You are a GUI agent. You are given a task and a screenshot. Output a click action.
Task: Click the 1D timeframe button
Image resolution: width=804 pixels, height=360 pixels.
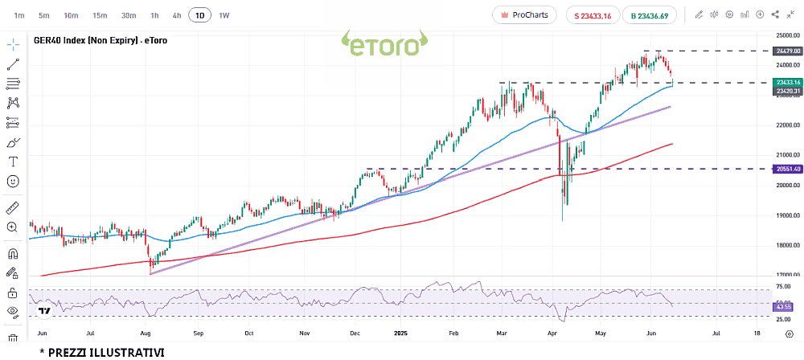(199, 15)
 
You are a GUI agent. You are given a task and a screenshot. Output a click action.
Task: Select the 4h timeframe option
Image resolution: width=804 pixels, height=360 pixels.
(177, 15)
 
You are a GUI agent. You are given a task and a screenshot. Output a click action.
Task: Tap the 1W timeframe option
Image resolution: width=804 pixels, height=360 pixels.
(224, 15)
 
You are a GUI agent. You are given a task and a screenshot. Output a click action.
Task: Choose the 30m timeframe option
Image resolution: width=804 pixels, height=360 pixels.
(129, 15)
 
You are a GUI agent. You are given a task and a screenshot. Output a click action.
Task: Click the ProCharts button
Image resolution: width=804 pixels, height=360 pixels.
(523, 15)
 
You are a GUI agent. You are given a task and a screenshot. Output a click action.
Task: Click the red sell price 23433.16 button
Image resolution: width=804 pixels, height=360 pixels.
(593, 15)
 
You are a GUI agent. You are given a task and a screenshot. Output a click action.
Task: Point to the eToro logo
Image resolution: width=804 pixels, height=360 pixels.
(384, 44)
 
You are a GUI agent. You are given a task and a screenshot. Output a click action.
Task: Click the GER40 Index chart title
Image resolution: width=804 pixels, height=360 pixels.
(100, 40)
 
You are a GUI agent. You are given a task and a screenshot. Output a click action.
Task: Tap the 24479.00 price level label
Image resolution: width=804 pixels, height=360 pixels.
(786, 51)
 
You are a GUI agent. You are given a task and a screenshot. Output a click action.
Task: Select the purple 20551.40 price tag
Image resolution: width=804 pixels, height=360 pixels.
(786, 169)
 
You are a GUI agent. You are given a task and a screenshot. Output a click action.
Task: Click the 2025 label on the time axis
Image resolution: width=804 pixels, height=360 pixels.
(403, 332)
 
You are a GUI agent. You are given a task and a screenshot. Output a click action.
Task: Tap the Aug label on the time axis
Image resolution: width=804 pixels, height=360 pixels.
(146, 332)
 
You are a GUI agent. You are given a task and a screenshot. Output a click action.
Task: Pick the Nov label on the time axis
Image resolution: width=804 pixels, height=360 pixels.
(304, 332)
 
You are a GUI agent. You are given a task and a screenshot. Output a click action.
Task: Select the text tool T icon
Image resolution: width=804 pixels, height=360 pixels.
(13, 162)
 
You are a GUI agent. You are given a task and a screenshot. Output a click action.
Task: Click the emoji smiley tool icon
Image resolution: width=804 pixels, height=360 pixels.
(13, 182)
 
